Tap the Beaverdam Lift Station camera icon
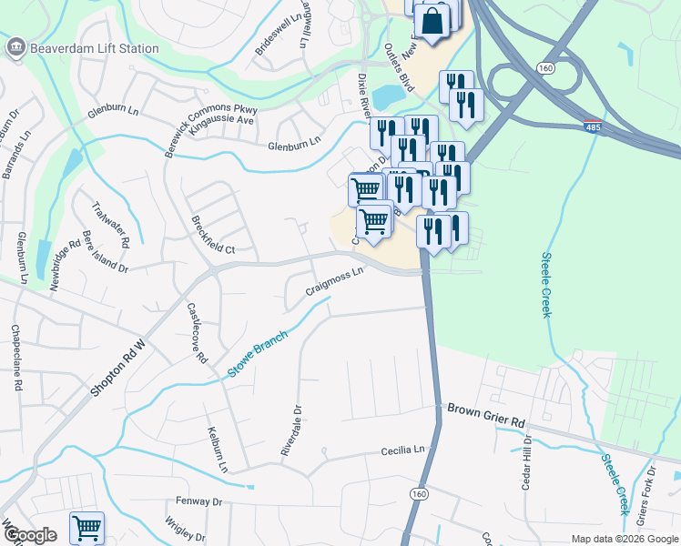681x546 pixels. [15, 48]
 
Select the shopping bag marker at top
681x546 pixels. [432, 21]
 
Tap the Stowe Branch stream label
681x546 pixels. [257, 354]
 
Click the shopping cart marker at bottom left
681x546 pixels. [86, 529]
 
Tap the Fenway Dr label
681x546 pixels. [198, 501]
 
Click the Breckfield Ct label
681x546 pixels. [213, 235]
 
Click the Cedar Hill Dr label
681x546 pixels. [526, 461]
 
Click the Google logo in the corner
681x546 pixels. [31, 535]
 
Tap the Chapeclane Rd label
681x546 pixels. [15, 358]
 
